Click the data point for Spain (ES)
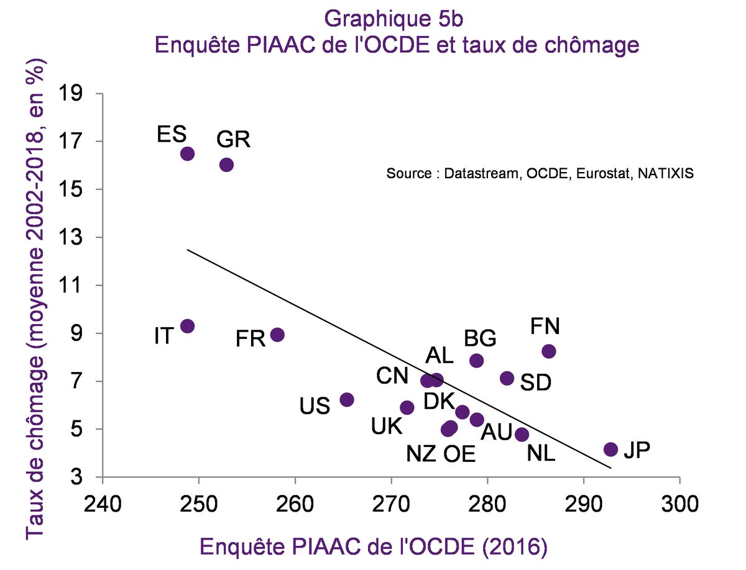187,153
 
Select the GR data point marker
226,165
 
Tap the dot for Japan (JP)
610,449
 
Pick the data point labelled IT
187,326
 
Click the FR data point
277,335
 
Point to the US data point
347,399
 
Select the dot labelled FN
548,351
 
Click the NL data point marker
522,434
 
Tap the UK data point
407,407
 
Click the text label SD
535,382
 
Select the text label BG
480,339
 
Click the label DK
439,402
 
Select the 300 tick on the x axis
679,501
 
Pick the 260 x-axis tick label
295,501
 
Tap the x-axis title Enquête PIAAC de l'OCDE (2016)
373,547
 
